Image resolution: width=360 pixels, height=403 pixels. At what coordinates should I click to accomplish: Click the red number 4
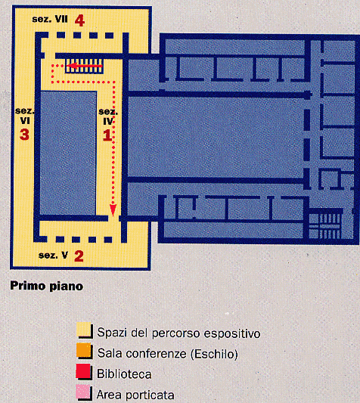click(x=79, y=20)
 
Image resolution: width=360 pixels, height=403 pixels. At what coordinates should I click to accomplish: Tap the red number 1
click(x=107, y=135)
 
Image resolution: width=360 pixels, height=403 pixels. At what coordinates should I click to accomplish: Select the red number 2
click(x=79, y=256)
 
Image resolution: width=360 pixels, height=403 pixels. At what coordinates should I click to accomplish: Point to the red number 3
click(x=24, y=135)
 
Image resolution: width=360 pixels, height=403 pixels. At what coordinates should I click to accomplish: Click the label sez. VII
click(x=50, y=19)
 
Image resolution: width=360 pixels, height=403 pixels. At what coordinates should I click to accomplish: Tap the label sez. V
click(x=53, y=256)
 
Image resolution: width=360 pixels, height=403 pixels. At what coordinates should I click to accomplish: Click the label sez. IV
click(x=108, y=116)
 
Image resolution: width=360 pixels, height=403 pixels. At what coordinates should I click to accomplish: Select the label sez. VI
click(x=25, y=116)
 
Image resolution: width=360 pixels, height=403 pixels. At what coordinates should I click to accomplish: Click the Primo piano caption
click(x=47, y=286)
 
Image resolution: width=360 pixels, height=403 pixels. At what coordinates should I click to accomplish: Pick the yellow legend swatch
click(x=84, y=330)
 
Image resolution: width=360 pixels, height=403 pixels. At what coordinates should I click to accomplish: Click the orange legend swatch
click(x=84, y=350)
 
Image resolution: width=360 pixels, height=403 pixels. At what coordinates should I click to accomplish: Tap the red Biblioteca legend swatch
click(x=83, y=371)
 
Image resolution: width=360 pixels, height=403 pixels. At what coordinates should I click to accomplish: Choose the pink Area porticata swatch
click(x=83, y=392)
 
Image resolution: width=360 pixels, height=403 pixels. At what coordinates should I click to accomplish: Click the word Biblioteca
click(x=124, y=374)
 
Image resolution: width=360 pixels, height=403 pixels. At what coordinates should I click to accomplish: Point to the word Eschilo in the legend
click(x=214, y=354)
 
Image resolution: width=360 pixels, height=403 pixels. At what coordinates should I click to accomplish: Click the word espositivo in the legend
click(x=232, y=334)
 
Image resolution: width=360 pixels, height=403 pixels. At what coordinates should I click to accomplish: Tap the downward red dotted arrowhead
click(x=113, y=210)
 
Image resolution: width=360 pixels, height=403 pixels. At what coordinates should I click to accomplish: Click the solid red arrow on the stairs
click(x=85, y=66)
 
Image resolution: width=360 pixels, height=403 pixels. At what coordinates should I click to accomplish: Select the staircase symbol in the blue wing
click(x=325, y=226)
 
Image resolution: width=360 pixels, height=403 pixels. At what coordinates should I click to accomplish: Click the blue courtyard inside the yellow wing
click(x=68, y=153)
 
